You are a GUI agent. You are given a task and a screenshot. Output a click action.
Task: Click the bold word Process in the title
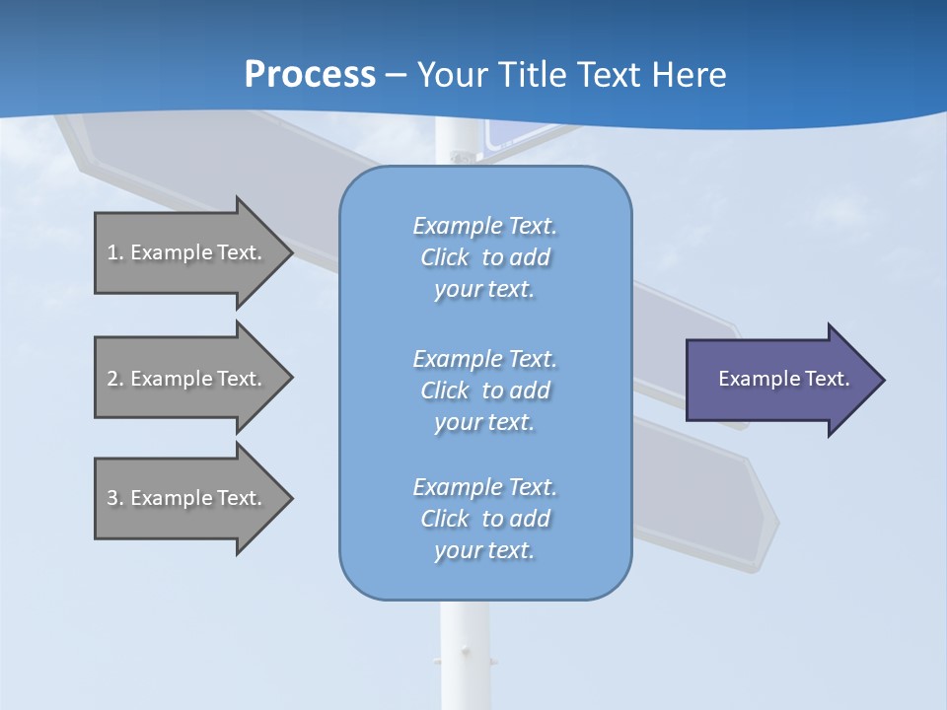310,75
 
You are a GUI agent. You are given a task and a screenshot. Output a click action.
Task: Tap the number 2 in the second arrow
112,379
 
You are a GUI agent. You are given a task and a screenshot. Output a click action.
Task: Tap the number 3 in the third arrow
112,498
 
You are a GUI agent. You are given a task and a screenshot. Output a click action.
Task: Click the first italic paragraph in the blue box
484,257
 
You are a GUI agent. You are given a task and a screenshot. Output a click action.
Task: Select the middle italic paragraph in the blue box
484,390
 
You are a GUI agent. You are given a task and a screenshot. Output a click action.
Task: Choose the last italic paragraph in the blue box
484,519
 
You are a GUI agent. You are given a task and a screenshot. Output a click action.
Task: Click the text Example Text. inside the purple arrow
783,379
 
